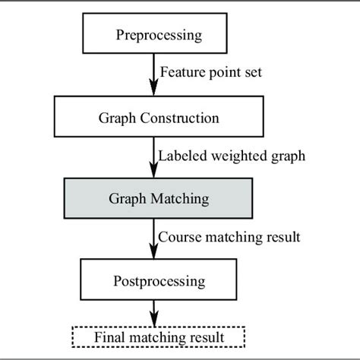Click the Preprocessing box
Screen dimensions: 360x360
click(159, 35)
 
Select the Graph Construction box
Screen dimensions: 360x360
click(159, 118)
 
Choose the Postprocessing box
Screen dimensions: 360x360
click(159, 281)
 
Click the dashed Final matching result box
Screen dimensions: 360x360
click(159, 335)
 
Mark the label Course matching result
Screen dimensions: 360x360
click(229, 237)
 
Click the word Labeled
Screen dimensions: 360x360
click(179, 157)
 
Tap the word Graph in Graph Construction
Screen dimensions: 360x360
click(115, 118)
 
